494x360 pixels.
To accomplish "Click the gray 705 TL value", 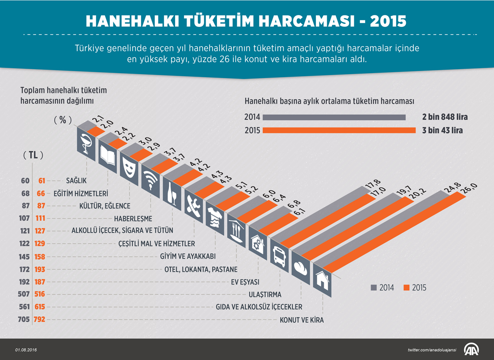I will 25,319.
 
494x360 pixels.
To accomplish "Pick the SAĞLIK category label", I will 76,181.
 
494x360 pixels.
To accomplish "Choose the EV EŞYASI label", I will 245,282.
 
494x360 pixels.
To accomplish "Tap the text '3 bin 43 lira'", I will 442,130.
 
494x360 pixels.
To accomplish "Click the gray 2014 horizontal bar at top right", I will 334,117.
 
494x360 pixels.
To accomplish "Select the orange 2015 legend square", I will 406,288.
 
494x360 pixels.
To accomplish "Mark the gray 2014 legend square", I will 373,288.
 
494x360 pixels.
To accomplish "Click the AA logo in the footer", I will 472,349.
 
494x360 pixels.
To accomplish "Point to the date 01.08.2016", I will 26,350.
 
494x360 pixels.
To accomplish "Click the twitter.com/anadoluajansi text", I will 432,350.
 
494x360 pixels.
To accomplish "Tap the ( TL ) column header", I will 33,155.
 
